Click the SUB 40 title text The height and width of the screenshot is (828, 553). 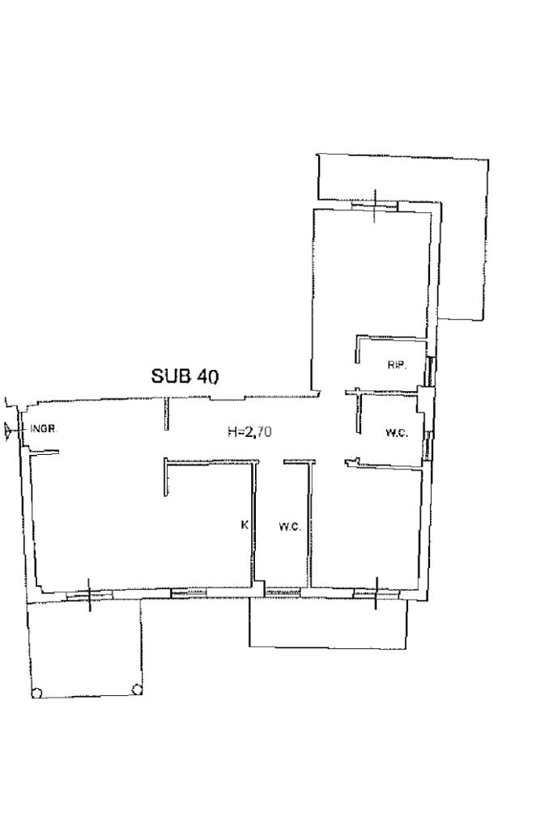[x=185, y=376]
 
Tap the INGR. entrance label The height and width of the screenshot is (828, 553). [x=45, y=428]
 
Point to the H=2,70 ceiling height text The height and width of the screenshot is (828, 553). [x=250, y=432]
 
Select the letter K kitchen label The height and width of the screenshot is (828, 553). [x=244, y=524]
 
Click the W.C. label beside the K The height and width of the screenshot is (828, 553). [x=290, y=526]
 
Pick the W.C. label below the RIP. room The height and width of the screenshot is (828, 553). [x=397, y=434]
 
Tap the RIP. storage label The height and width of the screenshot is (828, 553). [x=398, y=365]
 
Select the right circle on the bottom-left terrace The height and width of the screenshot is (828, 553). [x=136, y=688]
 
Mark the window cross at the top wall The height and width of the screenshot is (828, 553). [x=375, y=206]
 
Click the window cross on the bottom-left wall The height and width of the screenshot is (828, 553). [x=89, y=595]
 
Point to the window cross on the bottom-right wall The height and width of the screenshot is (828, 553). [x=376, y=593]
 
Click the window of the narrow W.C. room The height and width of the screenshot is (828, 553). [x=283, y=592]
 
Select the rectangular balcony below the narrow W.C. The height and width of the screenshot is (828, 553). [x=328, y=622]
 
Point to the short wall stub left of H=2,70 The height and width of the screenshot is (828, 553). [x=166, y=414]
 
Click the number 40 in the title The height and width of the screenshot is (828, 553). [x=207, y=376]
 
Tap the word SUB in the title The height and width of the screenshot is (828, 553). [x=171, y=376]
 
